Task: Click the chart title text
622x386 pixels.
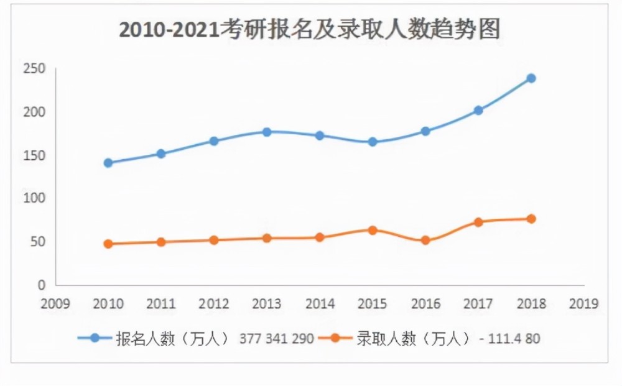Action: pyautogui.click(x=310, y=30)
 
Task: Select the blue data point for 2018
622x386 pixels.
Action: pyautogui.click(x=531, y=78)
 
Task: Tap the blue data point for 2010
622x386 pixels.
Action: pyautogui.click(x=108, y=163)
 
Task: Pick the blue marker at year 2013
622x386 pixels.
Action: pyautogui.click(x=267, y=132)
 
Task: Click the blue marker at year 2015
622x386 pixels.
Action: pyautogui.click(x=373, y=142)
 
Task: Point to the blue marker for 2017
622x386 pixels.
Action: pyautogui.click(x=478, y=110)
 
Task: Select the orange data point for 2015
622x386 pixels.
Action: pyautogui.click(x=373, y=230)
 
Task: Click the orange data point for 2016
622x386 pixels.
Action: pyautogui.click(x=425, y=240)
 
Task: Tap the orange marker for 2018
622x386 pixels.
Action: pyautogui.click(x=531, y=219)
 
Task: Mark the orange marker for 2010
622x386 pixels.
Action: pyautogui.click(x=108, y=244)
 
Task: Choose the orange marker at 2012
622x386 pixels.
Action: pyautogui.click(x=214, y=240)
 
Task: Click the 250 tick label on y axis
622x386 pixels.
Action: pyautogui.click(x=35, y=68)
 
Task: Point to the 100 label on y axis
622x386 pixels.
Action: pyautogui.click(x=35, y=198)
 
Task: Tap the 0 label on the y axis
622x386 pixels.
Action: pyautogui.click(x=42, y=285)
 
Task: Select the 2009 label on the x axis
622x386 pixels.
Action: pyautogui.click(x=55, y=304)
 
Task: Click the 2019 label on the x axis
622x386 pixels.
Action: pyautogui.click(x=583, y=304)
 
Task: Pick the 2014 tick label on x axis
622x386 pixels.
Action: pyautogui.click(x=320, y=304)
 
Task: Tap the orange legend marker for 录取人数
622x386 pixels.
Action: pyautogui.click(x=335, y=338)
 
